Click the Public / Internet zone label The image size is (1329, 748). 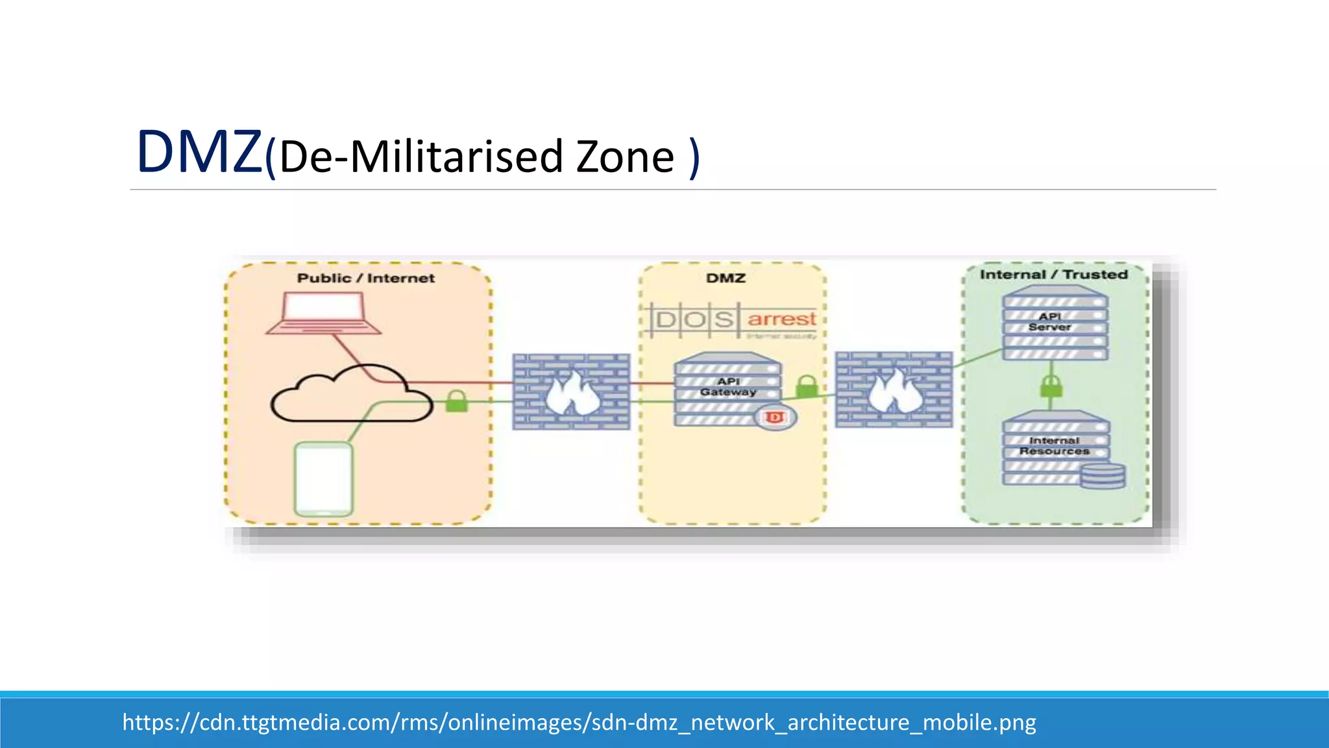point(365,279)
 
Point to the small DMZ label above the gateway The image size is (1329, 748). point(725,279)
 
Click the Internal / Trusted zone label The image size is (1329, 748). point(1053,275)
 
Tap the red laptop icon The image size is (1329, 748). point(323,313)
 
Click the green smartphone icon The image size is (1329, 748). point(324,479)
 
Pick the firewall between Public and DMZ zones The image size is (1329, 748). point(571,392)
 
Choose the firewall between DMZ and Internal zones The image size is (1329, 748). point(894,390)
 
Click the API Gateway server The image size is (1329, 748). point(727,388)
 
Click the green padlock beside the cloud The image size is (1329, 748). point(456,401)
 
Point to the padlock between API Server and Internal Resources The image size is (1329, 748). point(1051,387)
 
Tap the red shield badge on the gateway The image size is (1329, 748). point(775,418)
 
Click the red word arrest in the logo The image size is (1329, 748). point(781,319)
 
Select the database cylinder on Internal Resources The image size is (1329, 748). point(1103,475)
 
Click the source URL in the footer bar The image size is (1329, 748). point(579,722)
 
